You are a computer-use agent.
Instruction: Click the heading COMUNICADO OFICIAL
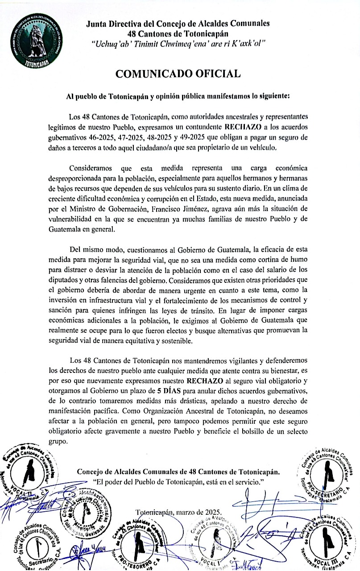point(178,74)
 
